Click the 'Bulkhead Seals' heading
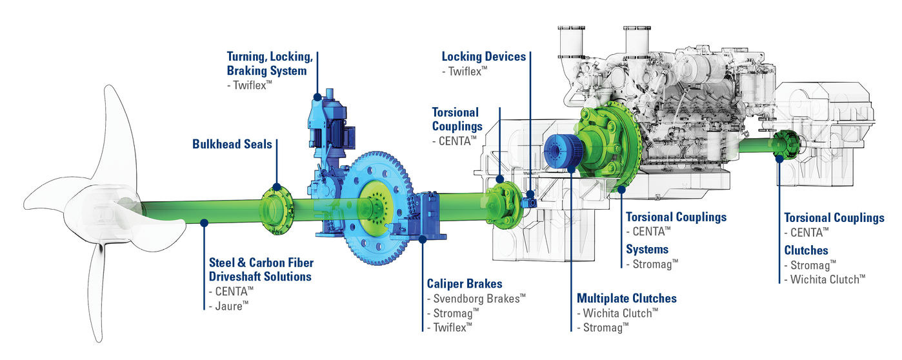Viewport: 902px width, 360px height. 232,144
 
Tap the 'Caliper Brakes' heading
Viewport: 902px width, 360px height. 465,284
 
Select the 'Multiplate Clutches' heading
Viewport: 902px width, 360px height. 626,299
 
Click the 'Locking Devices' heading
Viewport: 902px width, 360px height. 484,56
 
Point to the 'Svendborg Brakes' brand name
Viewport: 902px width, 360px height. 476,299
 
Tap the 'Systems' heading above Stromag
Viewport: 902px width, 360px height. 647,250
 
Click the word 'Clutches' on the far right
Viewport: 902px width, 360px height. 806,250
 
